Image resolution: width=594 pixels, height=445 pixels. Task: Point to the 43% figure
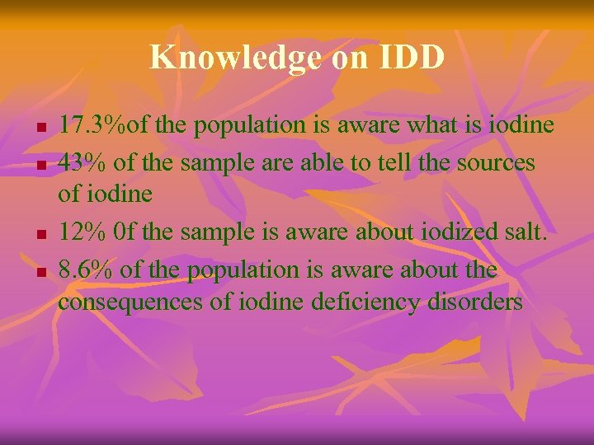coord(82,162)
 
